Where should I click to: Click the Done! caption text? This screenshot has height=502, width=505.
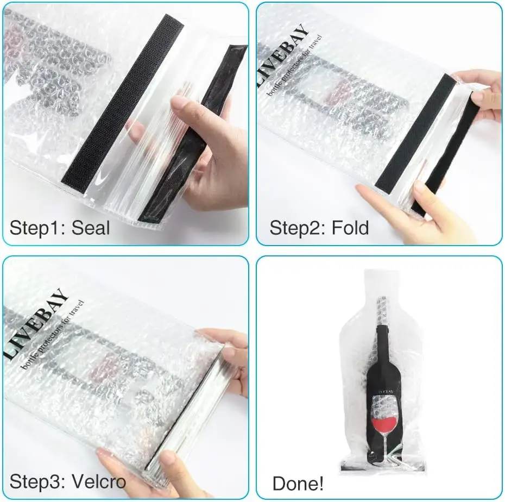tap(298, 483)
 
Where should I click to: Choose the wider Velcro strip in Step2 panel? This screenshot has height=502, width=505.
tap(415, 133)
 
